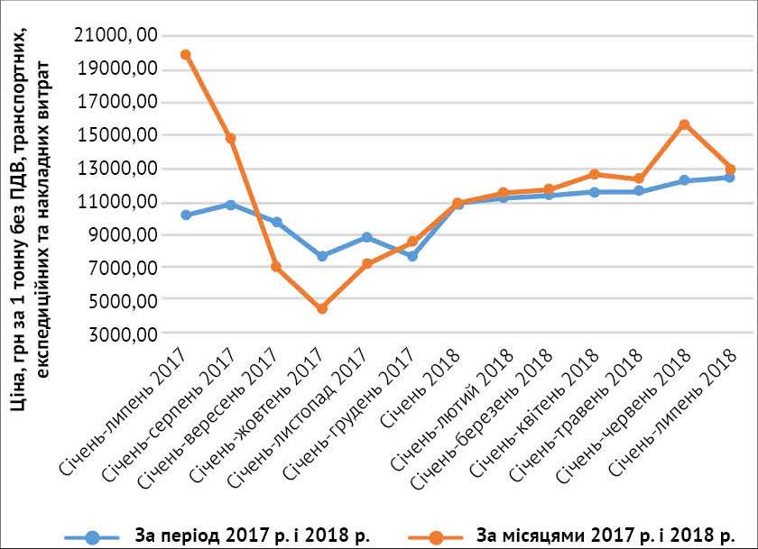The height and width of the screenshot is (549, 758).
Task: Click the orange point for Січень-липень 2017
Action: [185, 55]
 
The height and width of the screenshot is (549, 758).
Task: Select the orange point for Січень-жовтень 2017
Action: [321, 308]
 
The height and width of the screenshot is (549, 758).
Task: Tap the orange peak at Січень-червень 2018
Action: [685, 124]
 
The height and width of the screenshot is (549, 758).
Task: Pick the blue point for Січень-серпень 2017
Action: [231, 205]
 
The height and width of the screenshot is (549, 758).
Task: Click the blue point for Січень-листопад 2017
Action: [366, 237]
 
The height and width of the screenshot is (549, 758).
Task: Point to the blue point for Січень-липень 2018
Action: [729, 178]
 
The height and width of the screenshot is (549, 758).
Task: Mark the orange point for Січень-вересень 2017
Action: [276, 267]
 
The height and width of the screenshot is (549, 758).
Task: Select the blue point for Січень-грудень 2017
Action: [412, 256]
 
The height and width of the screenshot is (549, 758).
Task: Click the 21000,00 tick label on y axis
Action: [116, 35]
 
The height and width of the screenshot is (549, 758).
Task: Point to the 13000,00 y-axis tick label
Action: [116, 168]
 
